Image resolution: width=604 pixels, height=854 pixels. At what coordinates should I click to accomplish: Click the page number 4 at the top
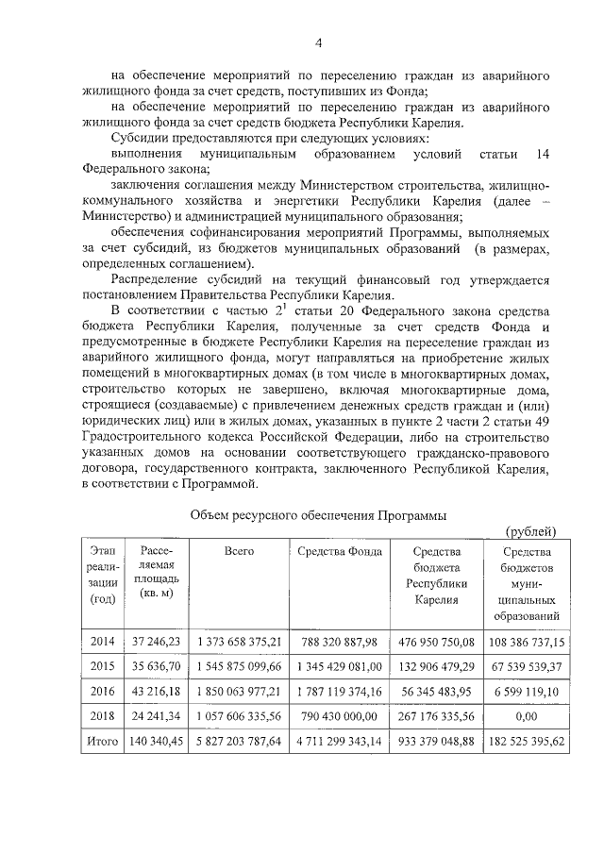[x=318, y=42]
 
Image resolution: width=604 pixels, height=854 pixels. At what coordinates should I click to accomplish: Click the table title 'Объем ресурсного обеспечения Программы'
[x=318, y=514]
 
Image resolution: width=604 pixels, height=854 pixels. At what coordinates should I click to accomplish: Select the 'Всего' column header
[x=239, y=552]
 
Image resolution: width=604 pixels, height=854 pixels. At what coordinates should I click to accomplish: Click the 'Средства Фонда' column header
[x=339, y=552]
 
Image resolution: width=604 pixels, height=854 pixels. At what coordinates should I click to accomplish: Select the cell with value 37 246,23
[x=152, y=642]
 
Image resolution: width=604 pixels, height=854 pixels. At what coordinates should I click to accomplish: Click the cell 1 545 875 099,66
[x=239, y=666]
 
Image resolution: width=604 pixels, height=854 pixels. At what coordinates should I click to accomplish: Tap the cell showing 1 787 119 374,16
[x=339, y=691]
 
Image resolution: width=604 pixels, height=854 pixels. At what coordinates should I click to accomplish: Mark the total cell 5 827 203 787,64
[x=239, y=742]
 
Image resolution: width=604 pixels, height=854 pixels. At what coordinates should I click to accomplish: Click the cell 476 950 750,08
[x=436, y=642]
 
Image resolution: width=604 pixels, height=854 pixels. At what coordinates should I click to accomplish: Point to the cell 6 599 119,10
[x=528, y=691]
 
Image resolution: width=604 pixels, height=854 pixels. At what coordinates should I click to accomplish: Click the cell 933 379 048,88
[x=436, y=742]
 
